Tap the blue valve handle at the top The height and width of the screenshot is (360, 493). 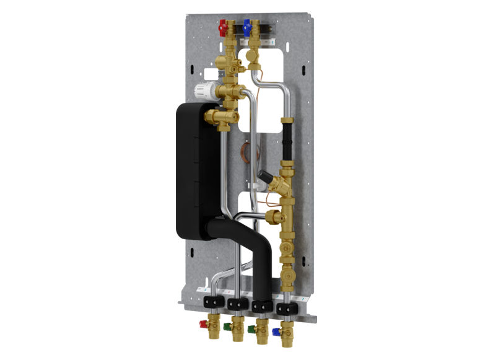point(247,27)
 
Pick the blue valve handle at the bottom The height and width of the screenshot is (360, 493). point(275,331)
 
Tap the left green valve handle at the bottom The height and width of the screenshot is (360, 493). point(228,324)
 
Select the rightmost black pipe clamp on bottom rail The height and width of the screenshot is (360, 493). point(289,306)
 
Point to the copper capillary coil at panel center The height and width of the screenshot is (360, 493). point(248,151)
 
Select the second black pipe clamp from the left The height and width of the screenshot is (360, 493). point(235,304)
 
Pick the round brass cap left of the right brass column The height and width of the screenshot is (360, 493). point(271,217)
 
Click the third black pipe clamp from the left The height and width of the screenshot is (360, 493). point(261,305)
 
